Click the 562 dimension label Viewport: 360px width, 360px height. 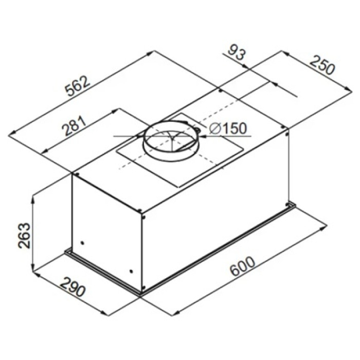click(78, 86)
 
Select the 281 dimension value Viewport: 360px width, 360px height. click(74, 125)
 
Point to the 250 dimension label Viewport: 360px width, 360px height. click(322, 65)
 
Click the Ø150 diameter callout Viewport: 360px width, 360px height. click(228, 129)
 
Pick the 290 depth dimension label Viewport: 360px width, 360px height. click(73, 287)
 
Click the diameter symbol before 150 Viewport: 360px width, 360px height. click(214, 129)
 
